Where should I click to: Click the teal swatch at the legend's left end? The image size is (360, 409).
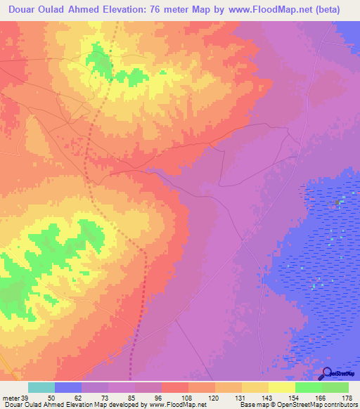pyautogui.click(x=41, y=387)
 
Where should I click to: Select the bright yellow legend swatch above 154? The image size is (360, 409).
pyautogui.click(x=282, y=387)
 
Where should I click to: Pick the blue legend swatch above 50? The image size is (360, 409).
pyautogui.click(x=68, y=387)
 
